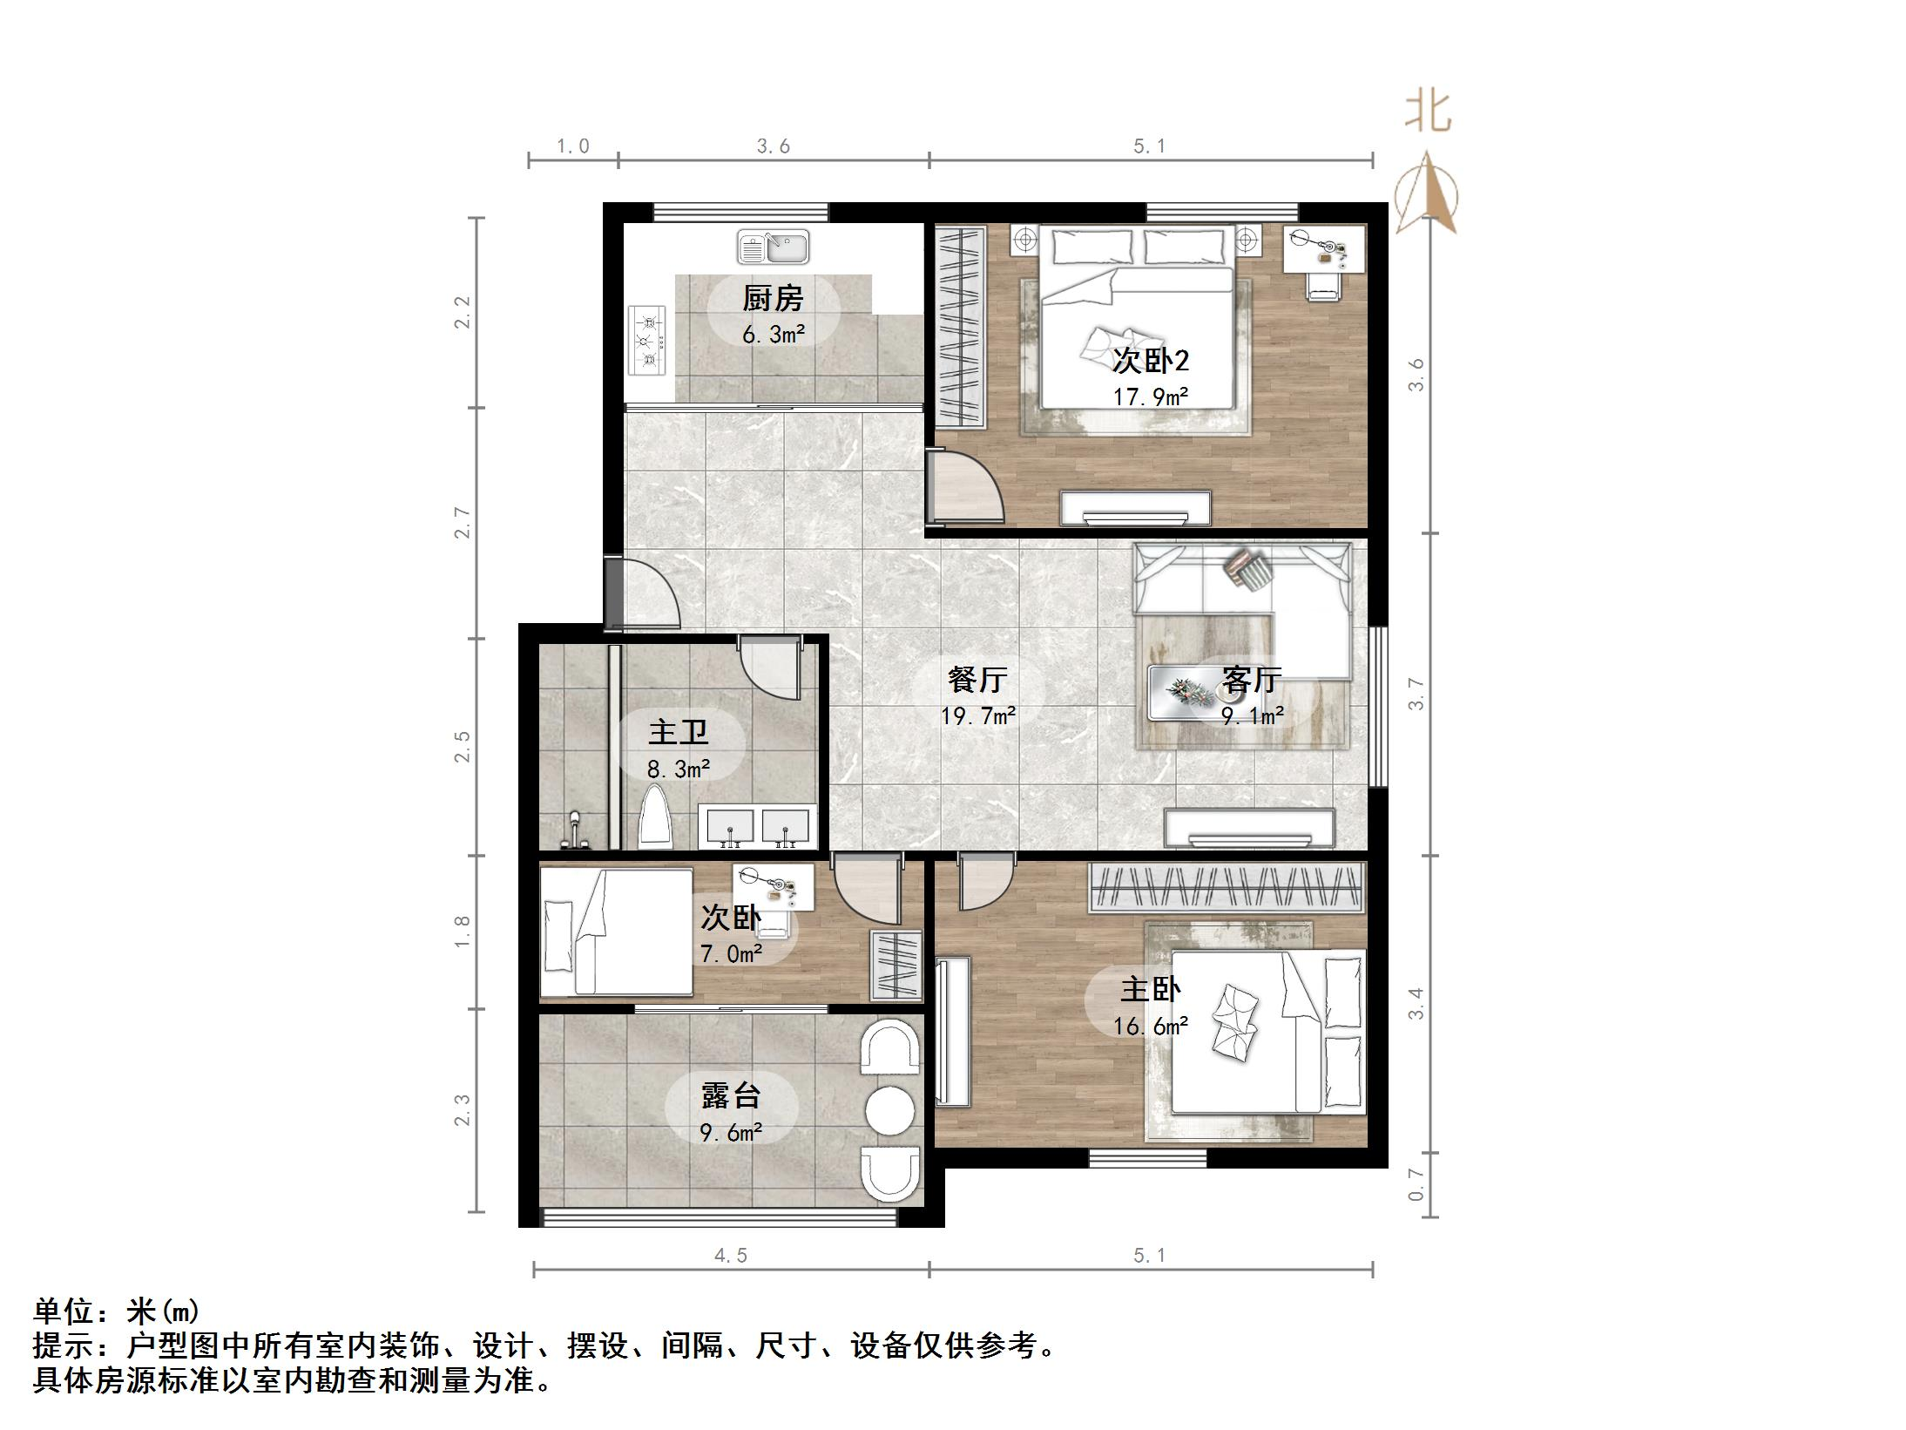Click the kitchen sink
(773, 247)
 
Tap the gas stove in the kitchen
(646, 341)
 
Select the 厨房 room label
(772, 299)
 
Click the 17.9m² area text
(1151, 397)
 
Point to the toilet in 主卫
(655, 818)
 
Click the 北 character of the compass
(1427, 112)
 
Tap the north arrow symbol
(1426, 193)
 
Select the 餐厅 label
(977, 679)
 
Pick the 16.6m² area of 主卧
(1151, 1027)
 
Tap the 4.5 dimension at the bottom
(731, 1255)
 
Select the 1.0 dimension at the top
(573, 146)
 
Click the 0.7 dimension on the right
(1416, 1185)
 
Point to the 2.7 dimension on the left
(462, 523)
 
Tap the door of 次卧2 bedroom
(967, 488)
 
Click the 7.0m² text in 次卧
(731, 954)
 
